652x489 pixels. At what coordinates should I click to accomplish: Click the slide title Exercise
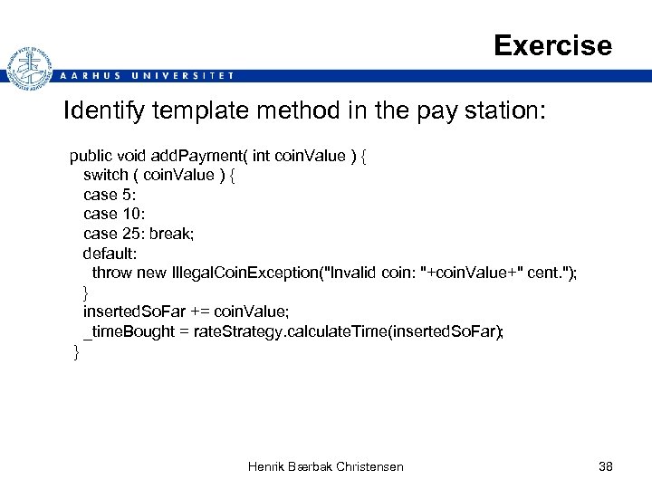(552, 45)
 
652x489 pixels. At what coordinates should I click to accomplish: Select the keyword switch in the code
(105, 175)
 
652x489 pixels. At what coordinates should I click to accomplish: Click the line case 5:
(109, 195)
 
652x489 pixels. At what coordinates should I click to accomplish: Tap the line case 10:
(113, 214)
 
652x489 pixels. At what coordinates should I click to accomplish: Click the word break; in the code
(172, 234)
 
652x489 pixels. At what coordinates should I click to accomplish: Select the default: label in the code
(109, 253)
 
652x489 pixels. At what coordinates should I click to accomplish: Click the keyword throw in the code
(112, 273)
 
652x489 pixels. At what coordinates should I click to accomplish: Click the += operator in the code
(198, 312)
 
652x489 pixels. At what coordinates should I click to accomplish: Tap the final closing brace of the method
(76, 351)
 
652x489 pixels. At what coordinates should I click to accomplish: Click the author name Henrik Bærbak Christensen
(326, 466)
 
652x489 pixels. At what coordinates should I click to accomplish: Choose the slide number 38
(606, 466)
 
